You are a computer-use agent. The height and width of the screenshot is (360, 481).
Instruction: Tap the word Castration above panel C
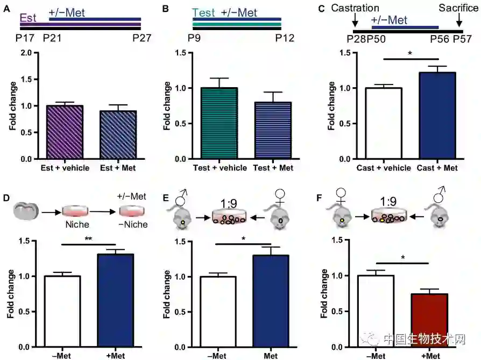tap(355, 8)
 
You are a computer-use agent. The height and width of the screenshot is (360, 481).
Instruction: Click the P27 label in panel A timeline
tap(142, 39)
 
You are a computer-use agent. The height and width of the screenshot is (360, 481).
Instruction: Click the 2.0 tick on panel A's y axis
tap(24, 53)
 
